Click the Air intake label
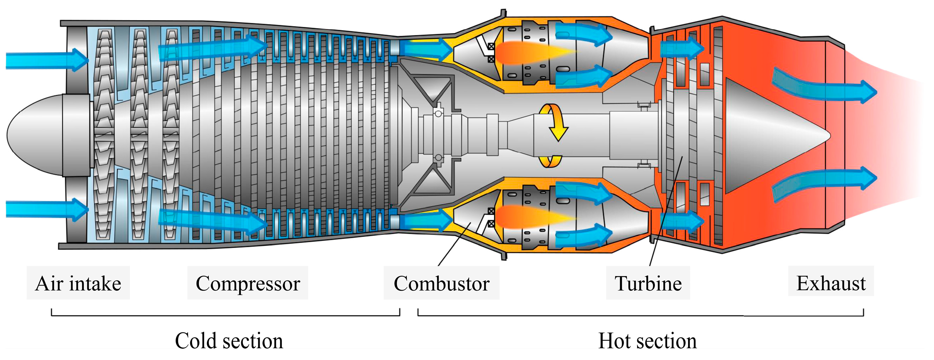78,283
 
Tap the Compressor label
248,283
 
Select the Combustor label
441,283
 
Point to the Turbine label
648,283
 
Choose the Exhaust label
831,283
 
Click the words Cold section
229,341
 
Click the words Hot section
647,341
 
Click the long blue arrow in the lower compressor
214,219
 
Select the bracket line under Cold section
225,315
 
